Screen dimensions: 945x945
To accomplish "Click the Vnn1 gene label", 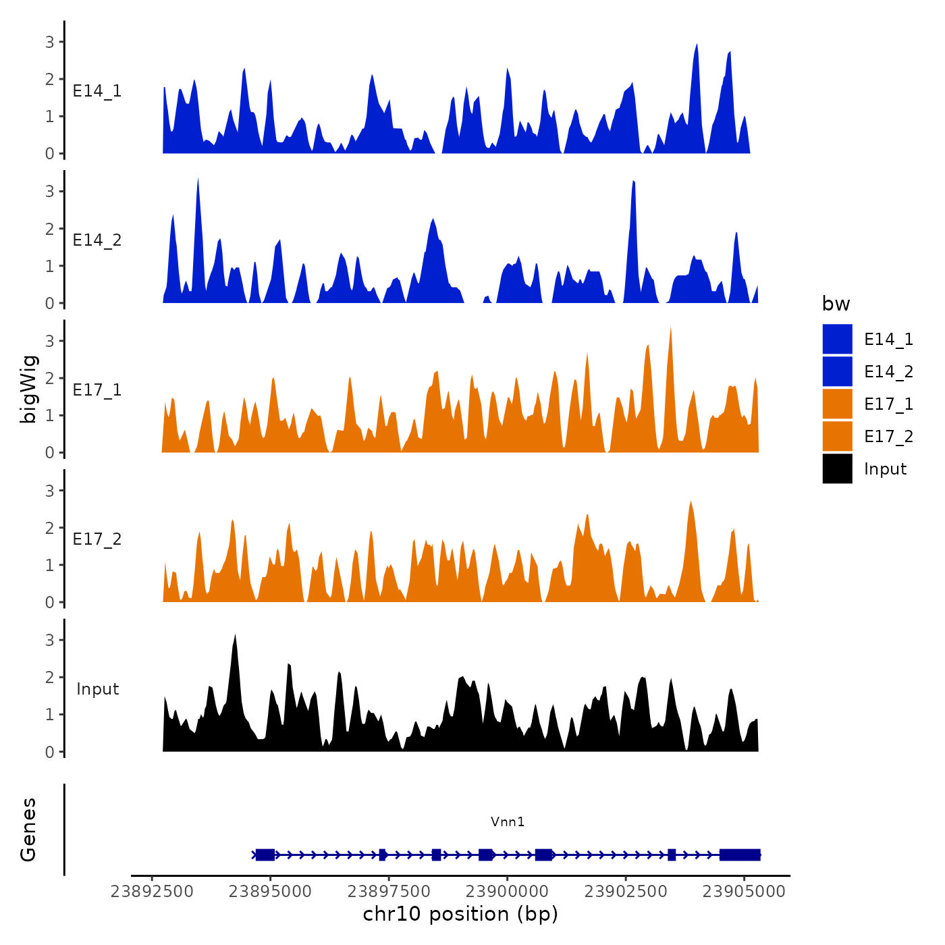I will tap(508, 821).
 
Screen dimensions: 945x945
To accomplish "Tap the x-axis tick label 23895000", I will tap(270, 892).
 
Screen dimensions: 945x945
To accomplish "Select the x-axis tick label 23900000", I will tap(507, 892).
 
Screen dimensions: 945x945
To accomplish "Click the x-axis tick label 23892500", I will tap(152, 892).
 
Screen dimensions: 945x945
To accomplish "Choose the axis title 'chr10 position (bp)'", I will tap(460, 914).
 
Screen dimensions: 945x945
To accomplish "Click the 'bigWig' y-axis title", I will tap(29, 389).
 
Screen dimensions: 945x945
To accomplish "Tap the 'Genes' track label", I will tap(28, 830).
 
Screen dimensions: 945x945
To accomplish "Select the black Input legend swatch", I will tap(837, 468).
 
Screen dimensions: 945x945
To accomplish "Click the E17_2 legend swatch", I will tap(837, 436).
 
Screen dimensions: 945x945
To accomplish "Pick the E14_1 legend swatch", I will tap(837, 339).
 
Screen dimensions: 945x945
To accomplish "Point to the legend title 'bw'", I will tap(836, 304).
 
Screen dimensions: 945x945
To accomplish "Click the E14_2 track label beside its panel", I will tap(97, 240).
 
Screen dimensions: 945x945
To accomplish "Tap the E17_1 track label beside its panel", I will tap(97, 390).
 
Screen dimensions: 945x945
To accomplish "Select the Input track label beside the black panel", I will tap(97, 689).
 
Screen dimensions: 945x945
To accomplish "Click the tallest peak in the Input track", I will tap(235, 637).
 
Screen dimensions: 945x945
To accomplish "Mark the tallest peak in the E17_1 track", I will tap(670, 329).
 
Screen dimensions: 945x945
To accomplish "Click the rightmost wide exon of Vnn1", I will tap(740, 855).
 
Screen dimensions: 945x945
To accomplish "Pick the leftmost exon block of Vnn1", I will tap(265, 855).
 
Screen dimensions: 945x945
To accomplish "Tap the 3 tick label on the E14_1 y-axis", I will tap(50, 42).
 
